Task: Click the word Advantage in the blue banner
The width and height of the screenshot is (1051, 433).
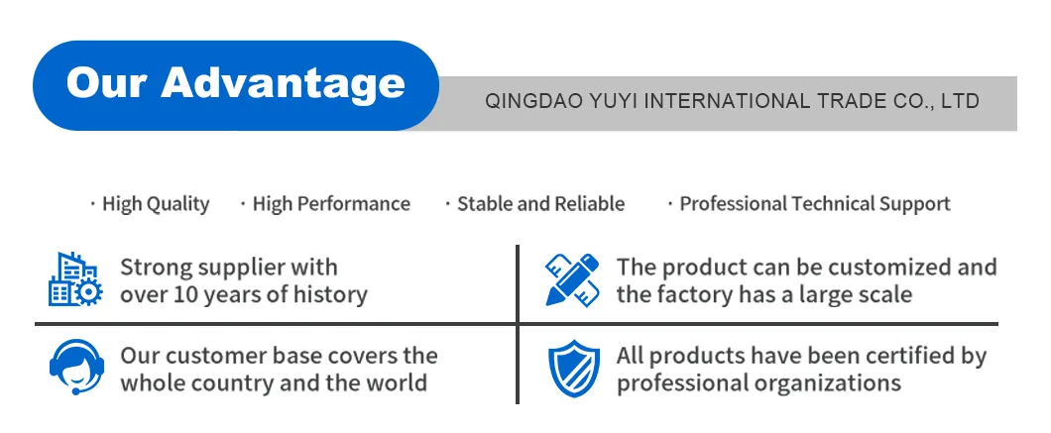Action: coord(283,84)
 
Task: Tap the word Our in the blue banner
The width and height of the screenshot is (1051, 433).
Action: coord(107,83)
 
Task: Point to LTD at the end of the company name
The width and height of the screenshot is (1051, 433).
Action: coord(960,101)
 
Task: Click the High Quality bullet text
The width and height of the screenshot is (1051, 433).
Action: coord(156,204)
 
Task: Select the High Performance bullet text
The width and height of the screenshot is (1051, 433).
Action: coord(331,204)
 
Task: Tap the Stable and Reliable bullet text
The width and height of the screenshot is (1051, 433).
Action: coord(541,204)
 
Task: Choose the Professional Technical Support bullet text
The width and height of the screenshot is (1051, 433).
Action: coord(815,204)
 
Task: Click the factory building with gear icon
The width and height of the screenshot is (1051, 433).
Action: coord(75,279)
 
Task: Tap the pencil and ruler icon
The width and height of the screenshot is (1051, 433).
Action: coord(572,279)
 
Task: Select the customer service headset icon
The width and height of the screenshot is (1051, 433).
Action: coord(76,368)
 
